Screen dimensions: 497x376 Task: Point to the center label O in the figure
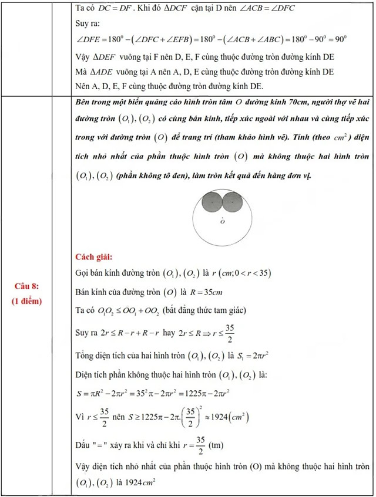click(222, 222)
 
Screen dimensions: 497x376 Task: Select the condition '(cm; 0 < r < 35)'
click(238, 273)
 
